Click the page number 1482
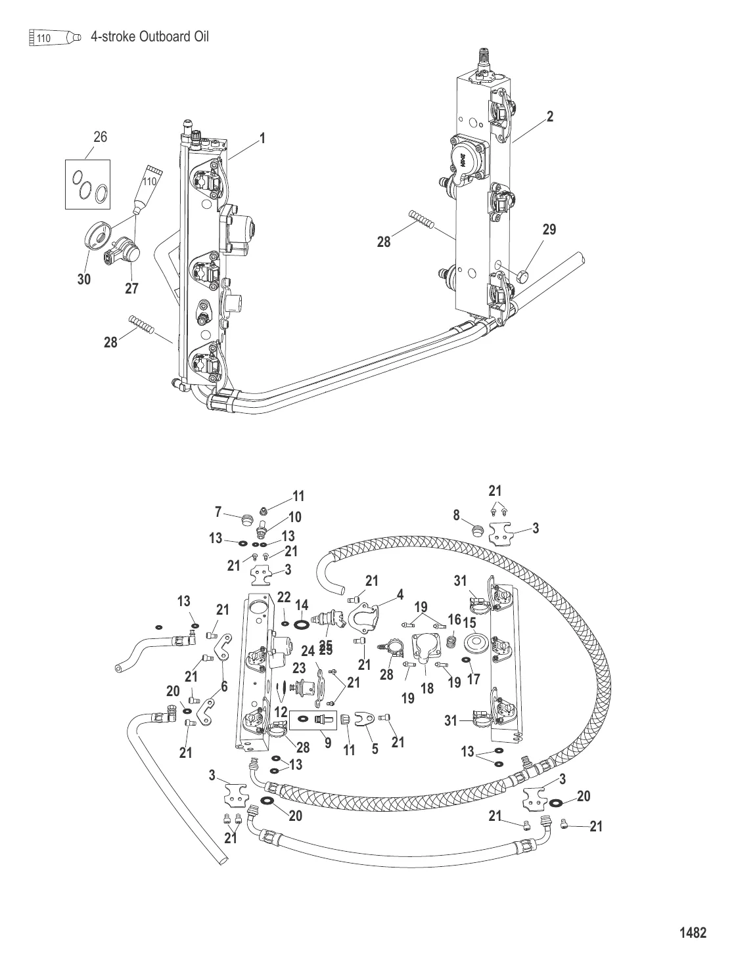point(693,933)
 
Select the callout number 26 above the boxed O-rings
point(100,137)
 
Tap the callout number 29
point(549,230)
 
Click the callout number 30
point(84,279)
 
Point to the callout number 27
point(131,288)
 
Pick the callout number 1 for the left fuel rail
point(262,139)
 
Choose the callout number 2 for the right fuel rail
point(550,116)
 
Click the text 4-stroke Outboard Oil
point(150,37)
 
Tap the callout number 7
point(219,511)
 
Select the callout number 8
point(456,516)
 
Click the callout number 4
point(400,595)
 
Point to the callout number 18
point(428,688)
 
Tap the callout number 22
point(283,597)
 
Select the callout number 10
point(294,517)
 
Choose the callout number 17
point(473,680)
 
